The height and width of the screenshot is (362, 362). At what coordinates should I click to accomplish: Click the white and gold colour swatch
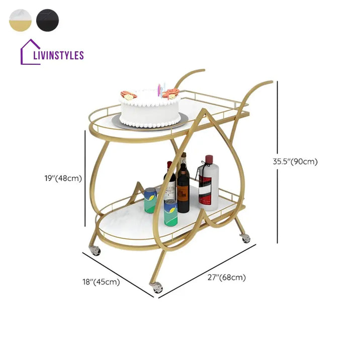[20, 20]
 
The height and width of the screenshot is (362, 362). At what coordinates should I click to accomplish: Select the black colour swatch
[47, 20]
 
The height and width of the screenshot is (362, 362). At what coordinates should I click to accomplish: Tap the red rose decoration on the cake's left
[129, 95]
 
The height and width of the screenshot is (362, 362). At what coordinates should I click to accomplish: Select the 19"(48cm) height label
[63, 177]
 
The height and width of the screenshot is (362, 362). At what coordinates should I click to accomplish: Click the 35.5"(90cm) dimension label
[295, 162]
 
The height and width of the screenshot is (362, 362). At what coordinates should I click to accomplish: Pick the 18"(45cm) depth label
[102, 282]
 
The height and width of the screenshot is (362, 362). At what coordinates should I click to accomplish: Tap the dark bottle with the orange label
[183, 191]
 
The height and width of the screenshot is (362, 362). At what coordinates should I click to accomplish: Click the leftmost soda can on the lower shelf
[150, 200]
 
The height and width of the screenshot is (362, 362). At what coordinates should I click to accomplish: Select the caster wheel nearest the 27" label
[157, 288]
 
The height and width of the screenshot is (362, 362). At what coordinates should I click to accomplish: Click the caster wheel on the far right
[245, 238]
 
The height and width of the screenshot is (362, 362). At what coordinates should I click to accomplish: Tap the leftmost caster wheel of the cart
[96, 250]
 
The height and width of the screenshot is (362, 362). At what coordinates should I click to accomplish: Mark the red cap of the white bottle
[209, 159]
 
